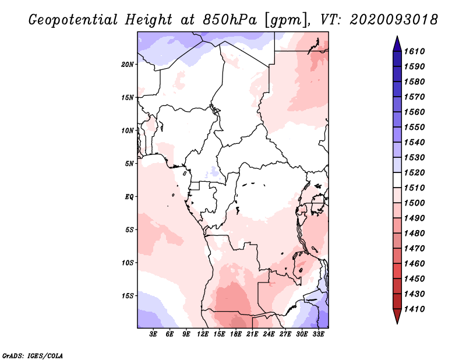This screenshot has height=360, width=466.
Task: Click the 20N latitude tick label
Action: coord(128,64)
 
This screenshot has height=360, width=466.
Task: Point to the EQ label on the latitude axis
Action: coord(129,196)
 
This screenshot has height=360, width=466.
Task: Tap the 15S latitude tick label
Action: coord(128,295)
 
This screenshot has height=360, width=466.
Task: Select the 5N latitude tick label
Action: coord(129,163)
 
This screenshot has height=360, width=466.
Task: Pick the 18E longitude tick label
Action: coord(236,335)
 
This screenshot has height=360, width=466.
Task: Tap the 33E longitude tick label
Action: coord(319,335)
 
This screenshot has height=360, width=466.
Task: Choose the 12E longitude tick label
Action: coord(203,335)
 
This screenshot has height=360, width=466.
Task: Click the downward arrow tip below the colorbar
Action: coord(397,322)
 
